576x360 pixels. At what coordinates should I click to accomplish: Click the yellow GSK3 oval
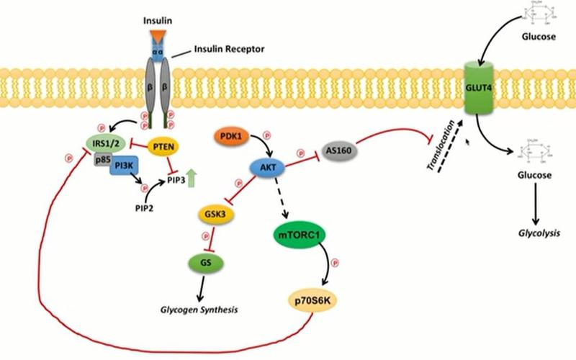(x=212, y=215)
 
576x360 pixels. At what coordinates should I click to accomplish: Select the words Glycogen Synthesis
(x=200, y=310)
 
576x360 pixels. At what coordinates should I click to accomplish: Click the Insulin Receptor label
(x=230, y=50)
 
